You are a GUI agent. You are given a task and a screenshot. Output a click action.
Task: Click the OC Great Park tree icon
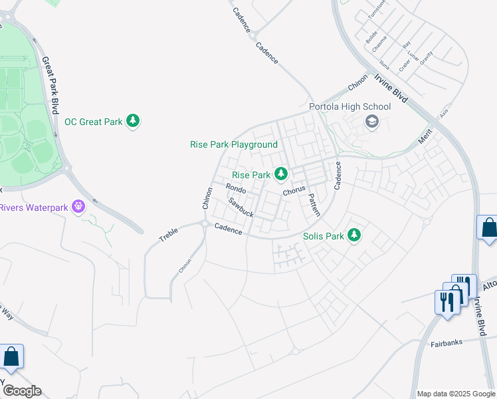coord(134,121)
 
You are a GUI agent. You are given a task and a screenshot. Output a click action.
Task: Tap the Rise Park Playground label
coord(234,144)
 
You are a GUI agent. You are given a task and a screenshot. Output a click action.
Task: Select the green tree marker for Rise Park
coord(281,174)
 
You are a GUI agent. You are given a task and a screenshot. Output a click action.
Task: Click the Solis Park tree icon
coord(354,235)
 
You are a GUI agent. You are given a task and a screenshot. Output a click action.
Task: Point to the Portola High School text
coord(349,106)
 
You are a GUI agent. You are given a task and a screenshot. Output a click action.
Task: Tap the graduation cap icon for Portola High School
coord(371,121)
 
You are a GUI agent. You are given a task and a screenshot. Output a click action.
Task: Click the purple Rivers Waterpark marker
coord(78,207)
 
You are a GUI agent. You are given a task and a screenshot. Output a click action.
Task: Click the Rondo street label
coord(236,190)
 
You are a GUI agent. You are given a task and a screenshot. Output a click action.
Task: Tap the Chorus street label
coord(293,190)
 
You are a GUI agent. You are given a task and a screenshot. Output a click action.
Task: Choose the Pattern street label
coord(314,204)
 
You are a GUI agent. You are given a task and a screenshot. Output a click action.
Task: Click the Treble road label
coord(169,235)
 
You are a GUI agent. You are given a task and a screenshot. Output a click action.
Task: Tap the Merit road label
coord(425,136)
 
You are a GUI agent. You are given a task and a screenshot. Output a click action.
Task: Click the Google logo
coord(21,390)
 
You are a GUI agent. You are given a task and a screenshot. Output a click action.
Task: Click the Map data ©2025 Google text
coord(455,394)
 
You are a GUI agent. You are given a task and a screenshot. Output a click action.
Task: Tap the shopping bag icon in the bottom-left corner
coord(11,357)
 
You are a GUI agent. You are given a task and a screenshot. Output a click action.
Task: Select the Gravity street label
coord(426,57)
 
